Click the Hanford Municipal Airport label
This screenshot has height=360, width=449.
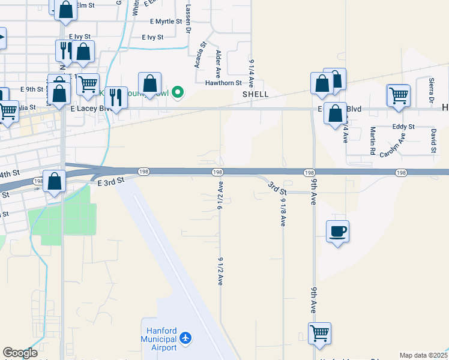coord(161,339)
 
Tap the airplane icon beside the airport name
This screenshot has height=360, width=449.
coord(186,339)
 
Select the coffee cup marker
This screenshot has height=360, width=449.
coord(337,231)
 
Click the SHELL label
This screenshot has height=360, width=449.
coord(255,94)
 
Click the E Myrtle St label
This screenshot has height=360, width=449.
coord(165,22)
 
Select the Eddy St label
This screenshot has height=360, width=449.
coord(403,127)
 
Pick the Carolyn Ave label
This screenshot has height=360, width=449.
coord(393,145)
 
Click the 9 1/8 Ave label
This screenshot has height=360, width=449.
coord(283,213)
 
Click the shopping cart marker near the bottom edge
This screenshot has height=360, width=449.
coord(319,333)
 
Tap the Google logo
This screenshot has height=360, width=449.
coord(20,353)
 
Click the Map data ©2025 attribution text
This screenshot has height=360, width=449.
coord(424,355)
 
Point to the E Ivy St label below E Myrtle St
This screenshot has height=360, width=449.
coord(153,37)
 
